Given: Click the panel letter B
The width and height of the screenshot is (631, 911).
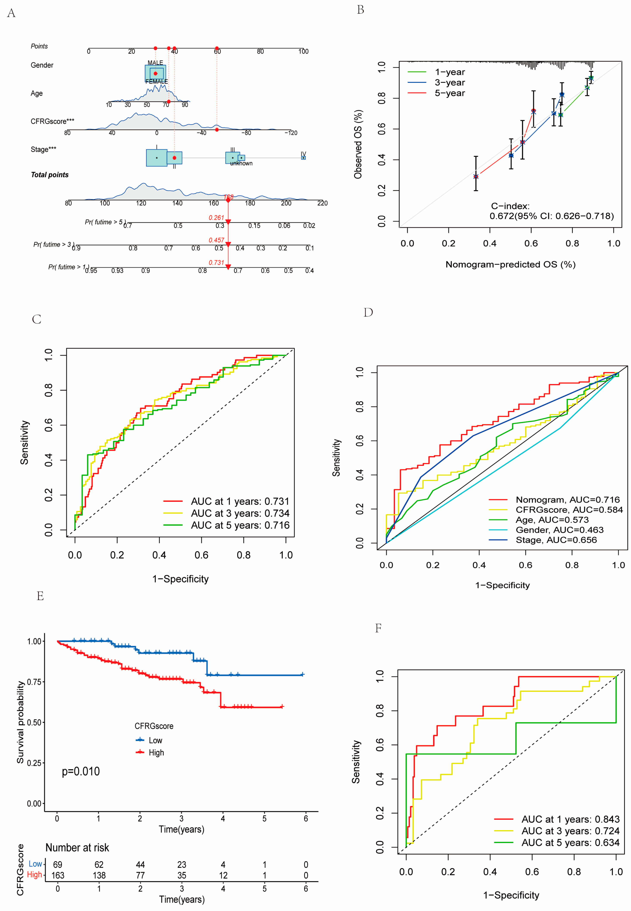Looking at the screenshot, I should pos(360,10).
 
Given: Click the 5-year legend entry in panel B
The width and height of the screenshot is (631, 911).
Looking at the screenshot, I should pos(449,93).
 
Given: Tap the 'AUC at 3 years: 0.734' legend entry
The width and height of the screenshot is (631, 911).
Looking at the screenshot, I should pos(240,513).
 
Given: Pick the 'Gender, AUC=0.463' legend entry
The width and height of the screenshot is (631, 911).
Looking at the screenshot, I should pos(559,530).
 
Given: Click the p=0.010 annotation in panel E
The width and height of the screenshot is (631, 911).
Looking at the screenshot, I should pos(81,771).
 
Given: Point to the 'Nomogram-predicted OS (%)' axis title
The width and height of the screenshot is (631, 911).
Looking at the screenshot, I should pos(510,264).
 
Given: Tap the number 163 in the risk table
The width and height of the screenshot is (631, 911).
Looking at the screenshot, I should pos(58,875).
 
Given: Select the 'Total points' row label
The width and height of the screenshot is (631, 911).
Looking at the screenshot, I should pos(50,175).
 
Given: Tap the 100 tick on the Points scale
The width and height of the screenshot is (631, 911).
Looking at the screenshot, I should pos(303,51).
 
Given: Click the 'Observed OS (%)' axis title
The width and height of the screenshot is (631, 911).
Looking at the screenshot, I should pos(358,144).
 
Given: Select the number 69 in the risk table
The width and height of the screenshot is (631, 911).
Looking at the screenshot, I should pos(58,865).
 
